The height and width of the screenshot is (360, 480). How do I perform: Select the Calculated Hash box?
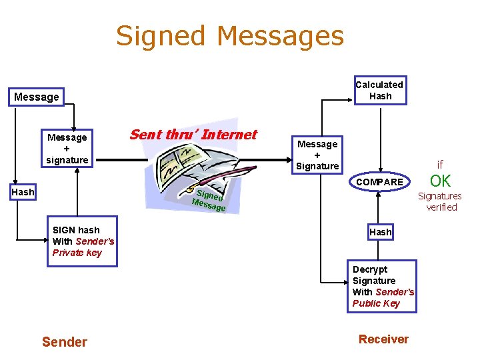pyautogui.click(x=379, y=91)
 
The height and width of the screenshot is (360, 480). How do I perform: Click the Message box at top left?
pyautogui.click(x=37, y=97)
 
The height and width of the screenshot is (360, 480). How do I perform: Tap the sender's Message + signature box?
pyautogui.click(x=67, y=149)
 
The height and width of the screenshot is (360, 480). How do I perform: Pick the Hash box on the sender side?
pyautogui.click(x=23, y=192)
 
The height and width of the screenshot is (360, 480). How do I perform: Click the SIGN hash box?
pyautogui.click(x=82, y=241)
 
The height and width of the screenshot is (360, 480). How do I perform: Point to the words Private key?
pyautogui.click(x=77, y=253)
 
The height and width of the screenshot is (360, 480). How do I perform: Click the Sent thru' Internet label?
pyautogui.click(x=193, y=135)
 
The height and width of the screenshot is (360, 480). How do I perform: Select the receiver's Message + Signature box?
pyautogui.click(x=317, y=155)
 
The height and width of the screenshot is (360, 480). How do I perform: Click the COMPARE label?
pyautogui.click(x=379, y=182)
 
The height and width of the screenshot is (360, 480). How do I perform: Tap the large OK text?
pyautogui.click(x=440, y=181)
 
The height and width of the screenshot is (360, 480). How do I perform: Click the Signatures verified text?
pyautogui.click(x=440, y=201)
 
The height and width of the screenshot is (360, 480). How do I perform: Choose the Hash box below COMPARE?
pyautogui.click(x=381, y=232)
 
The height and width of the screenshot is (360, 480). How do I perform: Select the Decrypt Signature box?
pyautogui.click(x=383, y=287)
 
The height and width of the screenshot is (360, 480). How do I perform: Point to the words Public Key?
pyautogui.click(x=376, y=303)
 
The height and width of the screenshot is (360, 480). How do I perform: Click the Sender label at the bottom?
pyautogui.click(x=64, y=342)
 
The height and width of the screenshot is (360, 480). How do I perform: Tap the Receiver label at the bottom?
pyautogui.click(x=383, y=339)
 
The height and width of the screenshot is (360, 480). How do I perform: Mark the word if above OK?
pyautogui.click(x=440, y=165)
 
